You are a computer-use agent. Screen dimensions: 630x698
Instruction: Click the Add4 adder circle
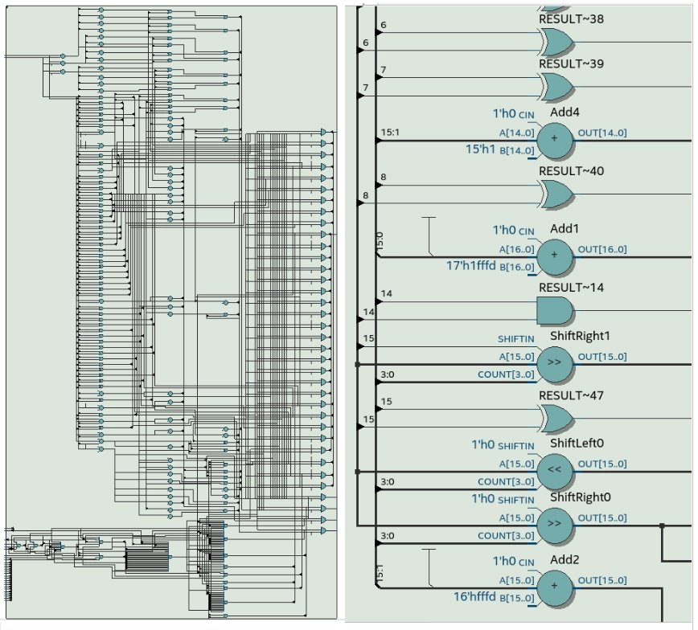(x=554, y=139)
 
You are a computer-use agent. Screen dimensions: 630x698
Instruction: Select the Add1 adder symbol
(x=554, y=256)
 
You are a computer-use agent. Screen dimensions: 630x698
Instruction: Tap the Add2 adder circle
(x=554, y=587)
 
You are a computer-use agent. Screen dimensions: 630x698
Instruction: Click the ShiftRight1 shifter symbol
(x=554, y=362)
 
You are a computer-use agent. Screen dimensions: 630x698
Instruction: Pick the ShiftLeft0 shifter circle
(x=554, y=470)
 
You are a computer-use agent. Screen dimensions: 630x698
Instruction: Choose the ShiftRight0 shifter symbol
(x=554, y=524)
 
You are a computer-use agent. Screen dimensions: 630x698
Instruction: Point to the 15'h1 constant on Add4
(x=482, y=149)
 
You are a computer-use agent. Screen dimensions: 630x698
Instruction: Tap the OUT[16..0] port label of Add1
(x=602, y=249)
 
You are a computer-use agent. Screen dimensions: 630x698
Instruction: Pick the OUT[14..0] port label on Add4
(x=602, y=133)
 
